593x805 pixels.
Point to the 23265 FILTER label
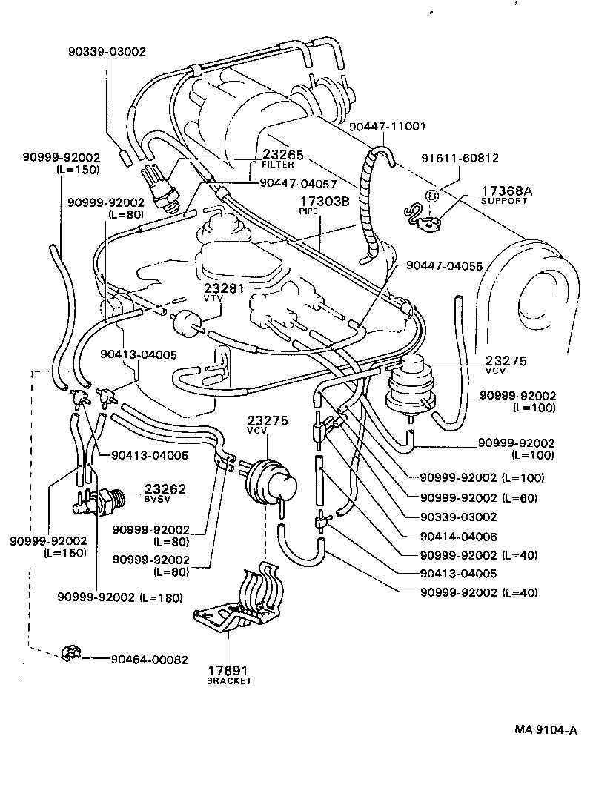pyautogui.click(x=278, y=159)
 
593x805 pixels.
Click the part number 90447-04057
pyautogui.click(x=298, y=182)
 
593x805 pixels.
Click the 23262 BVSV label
pyautogui.click(x=165, y=493)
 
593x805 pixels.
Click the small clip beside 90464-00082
pyautogui.click(x=71, y=653)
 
